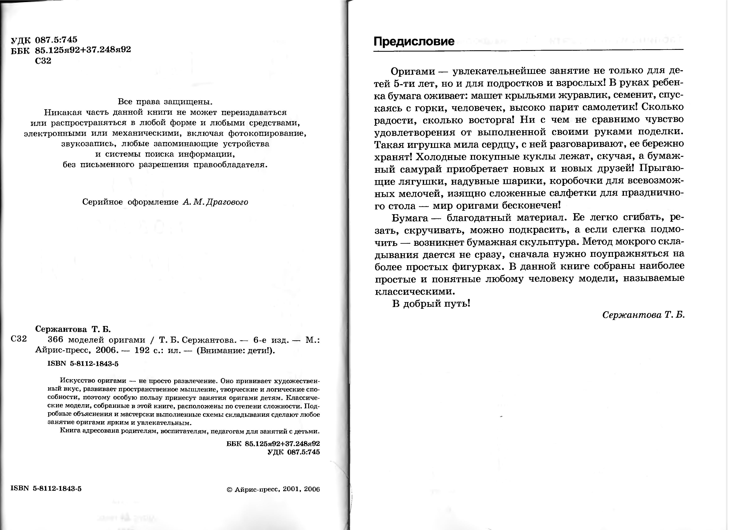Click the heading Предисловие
(x=414, y=42)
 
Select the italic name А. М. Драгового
(x=215, y=202)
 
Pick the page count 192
(x=142, y=350)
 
